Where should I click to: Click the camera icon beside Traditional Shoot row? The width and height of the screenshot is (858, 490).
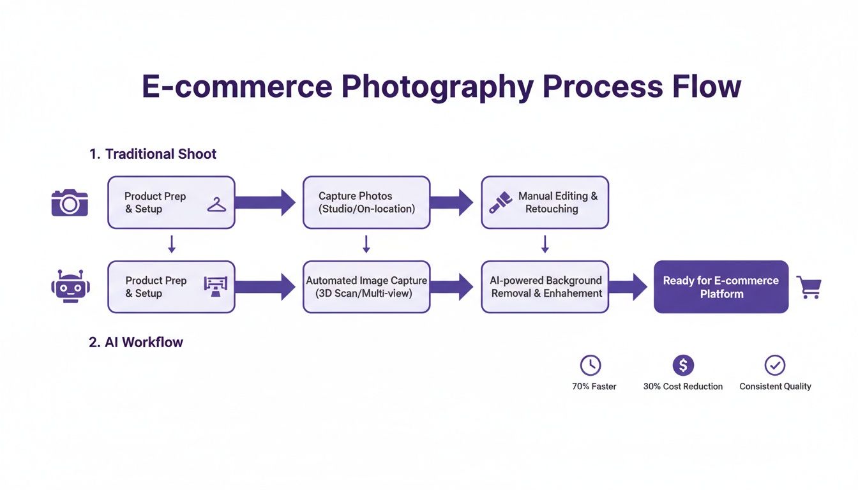[70, 202]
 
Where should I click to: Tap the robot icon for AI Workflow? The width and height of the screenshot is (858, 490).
[70, 286]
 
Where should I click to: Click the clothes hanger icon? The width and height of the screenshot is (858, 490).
[217, 205]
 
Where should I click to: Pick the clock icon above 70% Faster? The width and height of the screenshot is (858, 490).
[591, 365]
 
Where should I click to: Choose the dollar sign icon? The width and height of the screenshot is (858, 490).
[683, 365]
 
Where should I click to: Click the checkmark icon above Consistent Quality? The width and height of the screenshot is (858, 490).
[774, 365]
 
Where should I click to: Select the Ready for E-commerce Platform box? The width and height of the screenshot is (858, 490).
[721, 286]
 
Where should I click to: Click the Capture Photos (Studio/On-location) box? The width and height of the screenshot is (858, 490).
[366, 202]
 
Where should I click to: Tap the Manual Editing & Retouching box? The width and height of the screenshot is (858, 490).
[545, 202]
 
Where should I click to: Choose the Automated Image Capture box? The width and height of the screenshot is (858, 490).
[366, 286]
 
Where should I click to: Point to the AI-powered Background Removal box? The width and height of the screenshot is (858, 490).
[545, 286]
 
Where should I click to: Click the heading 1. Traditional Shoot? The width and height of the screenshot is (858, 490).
[153, 154]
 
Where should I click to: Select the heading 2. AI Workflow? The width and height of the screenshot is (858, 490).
[136, 342]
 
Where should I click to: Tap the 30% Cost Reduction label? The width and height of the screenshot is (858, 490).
[683, 386]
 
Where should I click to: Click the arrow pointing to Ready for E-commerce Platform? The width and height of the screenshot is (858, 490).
[631, 286]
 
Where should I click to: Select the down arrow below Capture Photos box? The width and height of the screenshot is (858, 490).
[366, 244]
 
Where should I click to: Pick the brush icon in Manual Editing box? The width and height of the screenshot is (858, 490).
[499, 202]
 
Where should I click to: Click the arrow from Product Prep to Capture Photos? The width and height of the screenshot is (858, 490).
[265, 202]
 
